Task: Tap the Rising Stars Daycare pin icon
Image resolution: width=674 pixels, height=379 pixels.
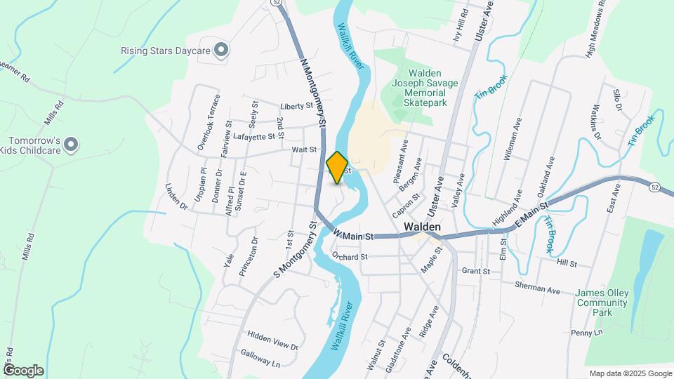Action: pyautogui.click(x=221, y=50)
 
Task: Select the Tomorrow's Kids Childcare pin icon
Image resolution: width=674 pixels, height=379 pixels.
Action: pyautogui.click(x=70, y=145)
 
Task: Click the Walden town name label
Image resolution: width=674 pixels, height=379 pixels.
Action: pyautogui.click(x=423, y=227)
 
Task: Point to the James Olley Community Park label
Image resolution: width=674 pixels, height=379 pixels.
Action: pyautogui.click(x=601, y=302)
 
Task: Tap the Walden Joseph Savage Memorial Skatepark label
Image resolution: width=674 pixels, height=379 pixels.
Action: pyautogui.click(x=424, y=88)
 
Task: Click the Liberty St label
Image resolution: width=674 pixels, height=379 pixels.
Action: pyautogui.click(x=296, y=107)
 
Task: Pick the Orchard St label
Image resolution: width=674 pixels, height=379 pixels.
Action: pyautogui.click(x=350, y=257)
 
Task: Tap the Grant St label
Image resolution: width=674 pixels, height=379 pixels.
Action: pyautogui.click(x=475, y=271)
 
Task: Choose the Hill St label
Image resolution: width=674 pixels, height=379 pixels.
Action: pyautogui.click(x=566, y=264)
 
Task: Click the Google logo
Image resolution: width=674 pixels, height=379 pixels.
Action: pyautogui.click(x=23, y=371)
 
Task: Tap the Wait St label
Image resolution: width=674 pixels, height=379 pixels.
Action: pyautogui.click(x=305, y=149)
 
